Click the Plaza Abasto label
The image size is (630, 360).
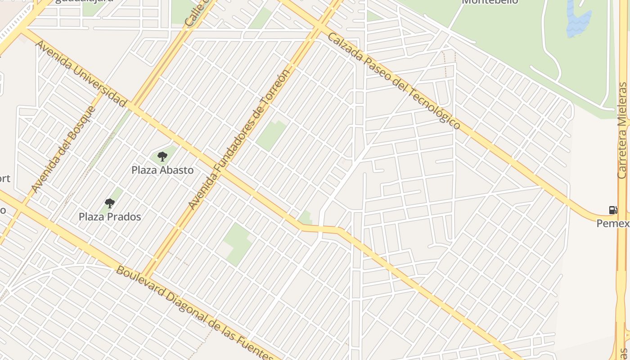162,170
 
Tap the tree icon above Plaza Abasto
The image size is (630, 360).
162,157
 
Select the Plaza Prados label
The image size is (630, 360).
110,217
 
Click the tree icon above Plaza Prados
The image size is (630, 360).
109,203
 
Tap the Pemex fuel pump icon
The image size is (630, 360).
613,210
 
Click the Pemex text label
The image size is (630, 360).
613,223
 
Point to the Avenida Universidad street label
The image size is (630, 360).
80,73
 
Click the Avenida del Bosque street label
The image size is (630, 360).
64,149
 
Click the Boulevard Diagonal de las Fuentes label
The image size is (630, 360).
194,313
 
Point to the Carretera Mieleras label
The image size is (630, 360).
622,130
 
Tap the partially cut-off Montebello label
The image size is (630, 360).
490,2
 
